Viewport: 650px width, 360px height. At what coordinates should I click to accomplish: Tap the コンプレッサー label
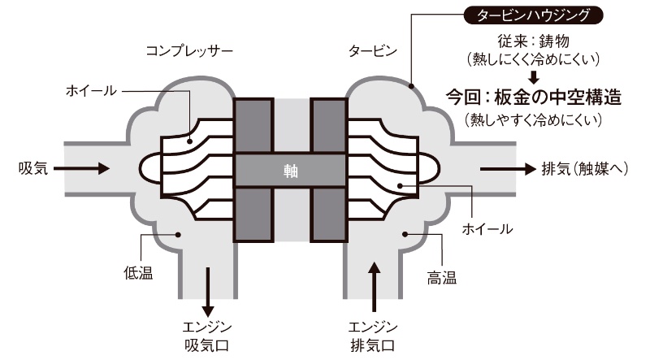click(x=189, y=51)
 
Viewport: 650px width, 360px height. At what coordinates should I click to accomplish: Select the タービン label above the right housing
click(x=374, y=51)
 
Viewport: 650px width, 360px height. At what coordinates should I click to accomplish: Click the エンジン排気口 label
click(x=373, y=336)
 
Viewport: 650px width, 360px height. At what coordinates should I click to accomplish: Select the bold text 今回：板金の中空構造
click(x=534, y=98)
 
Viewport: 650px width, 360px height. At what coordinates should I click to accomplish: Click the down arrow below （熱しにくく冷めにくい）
click(x=534, y=77)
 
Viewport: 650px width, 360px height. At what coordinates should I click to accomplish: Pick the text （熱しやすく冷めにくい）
click(x=534, y=120)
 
